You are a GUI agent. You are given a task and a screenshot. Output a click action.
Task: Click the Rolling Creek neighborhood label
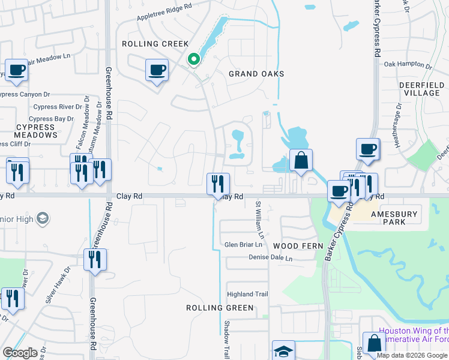(155, 44)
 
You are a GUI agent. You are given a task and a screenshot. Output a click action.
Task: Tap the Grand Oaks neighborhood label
(256, 74)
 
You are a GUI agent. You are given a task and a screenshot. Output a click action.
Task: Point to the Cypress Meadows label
(37, 131)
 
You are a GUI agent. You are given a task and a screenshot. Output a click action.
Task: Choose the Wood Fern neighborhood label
(298, 246)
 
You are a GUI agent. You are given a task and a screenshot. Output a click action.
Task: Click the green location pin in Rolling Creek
(193, 59)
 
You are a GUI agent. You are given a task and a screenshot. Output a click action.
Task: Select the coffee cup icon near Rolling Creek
(157, 70)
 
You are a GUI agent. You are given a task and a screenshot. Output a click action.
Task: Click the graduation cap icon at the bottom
(284, 350)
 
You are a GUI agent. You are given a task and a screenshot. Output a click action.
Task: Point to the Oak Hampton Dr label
(408, 64)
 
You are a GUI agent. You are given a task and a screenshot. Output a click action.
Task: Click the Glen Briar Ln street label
(243, 245)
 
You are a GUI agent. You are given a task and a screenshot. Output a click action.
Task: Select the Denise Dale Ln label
(271, 258)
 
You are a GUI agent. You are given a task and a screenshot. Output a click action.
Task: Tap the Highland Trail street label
(247, 294)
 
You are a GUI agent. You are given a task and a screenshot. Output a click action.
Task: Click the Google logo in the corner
(20, 353)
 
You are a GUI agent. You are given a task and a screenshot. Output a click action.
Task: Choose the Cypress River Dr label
(54, 107)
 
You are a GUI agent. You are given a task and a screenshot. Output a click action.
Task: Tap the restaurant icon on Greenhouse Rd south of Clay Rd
(95, 260)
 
